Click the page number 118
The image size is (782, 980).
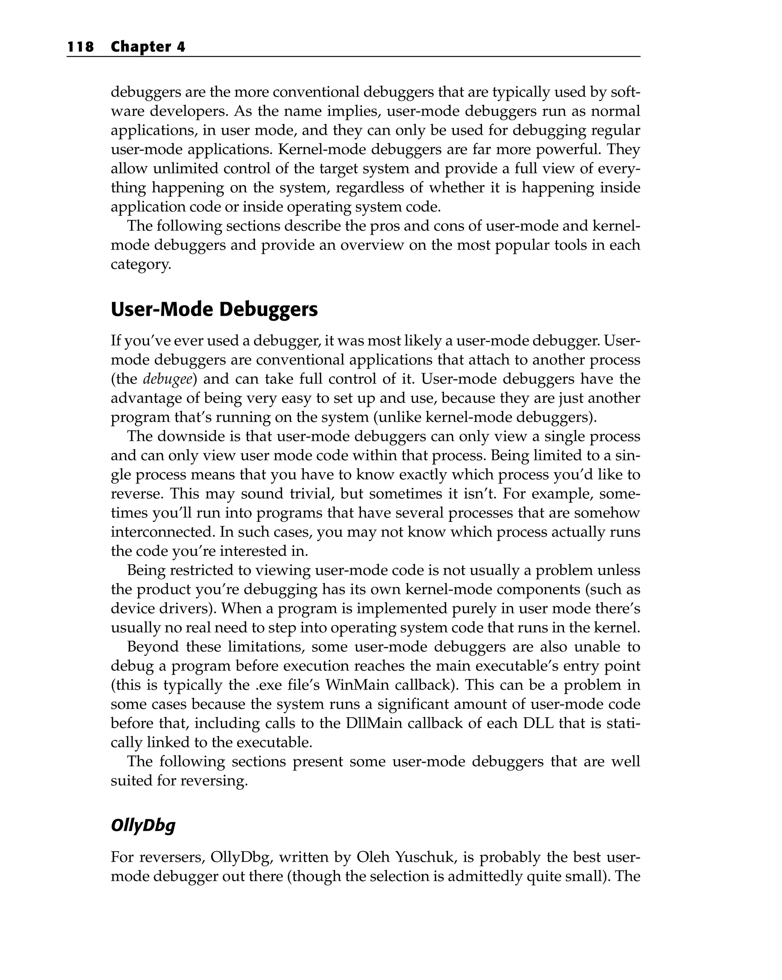(x=81, y=47)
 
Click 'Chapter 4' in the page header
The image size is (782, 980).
(x=148, y=47)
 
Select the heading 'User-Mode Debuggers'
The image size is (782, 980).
(x=214, y=310)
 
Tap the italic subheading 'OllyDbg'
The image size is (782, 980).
(x=143, y=825)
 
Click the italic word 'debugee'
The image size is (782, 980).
(x=167, y=379)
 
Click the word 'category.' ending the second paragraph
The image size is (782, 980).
(x=141, y=264)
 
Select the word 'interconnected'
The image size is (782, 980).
(x=153, y=532)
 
